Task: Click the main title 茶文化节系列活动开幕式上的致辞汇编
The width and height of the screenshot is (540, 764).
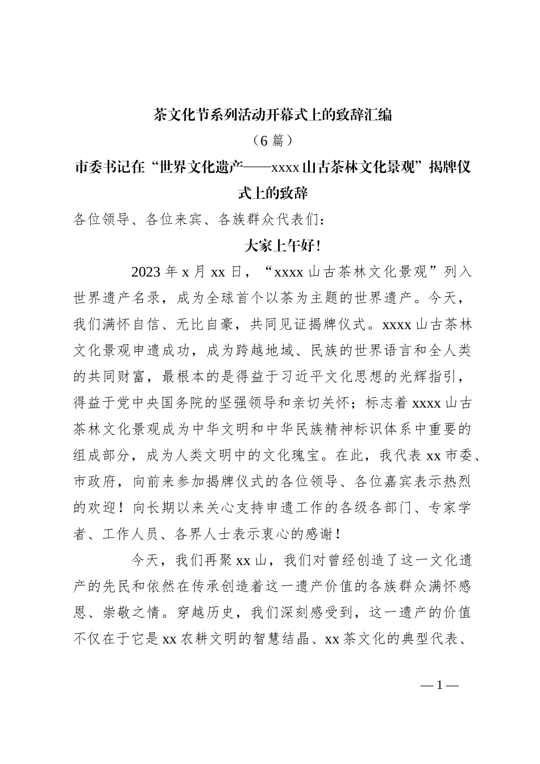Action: [273, 115]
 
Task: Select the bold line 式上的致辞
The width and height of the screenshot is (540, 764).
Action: [273, 193]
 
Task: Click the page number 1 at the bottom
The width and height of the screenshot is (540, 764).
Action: [439, 686]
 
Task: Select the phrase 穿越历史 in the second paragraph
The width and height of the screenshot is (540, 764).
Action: [215, 613]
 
